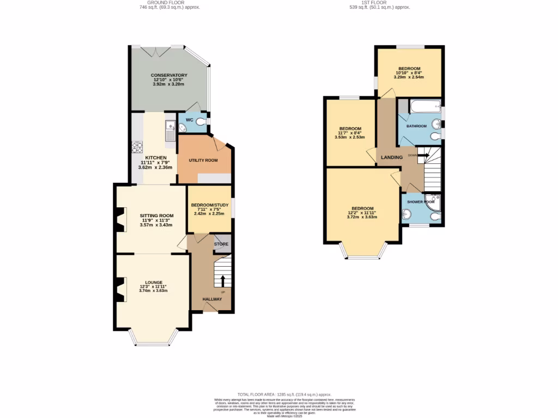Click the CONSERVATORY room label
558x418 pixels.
click(169, 75)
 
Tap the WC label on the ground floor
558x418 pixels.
click(190, 120)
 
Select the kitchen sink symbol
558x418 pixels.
click(169, 131)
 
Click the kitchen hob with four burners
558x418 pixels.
click(137, 147)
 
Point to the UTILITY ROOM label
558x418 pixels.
click(203, 161)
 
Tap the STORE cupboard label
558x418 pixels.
click(221, 244)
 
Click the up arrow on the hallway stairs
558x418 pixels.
click(222, 280)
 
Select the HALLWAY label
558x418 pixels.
click(213, 299)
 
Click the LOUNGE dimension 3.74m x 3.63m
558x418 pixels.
click(153, 291)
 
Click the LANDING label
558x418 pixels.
click(392, 158)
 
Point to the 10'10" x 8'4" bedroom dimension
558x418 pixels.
click(409, 72)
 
